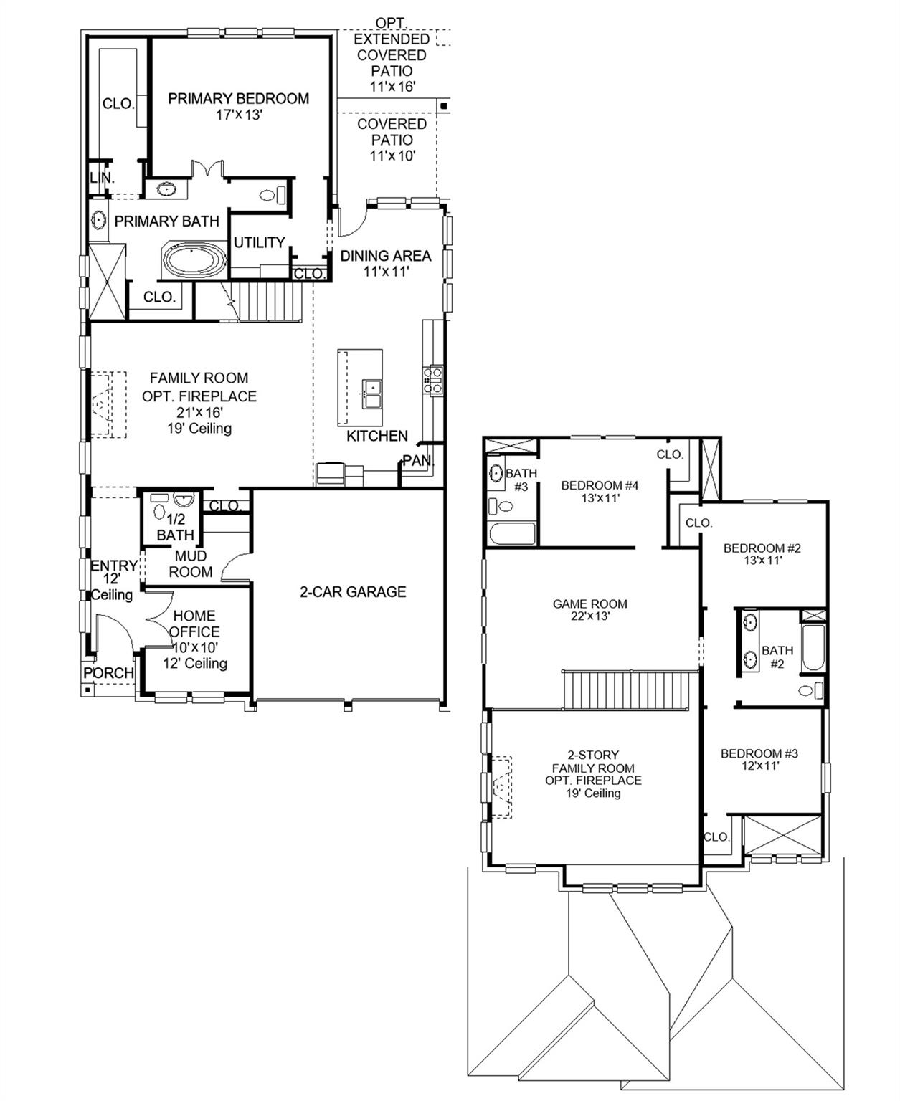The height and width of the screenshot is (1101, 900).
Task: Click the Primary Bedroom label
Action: pos(238,98)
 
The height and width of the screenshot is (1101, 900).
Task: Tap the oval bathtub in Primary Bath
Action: pos(194,261)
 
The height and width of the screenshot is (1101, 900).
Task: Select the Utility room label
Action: pos(259,242)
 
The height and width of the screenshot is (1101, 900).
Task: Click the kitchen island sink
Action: pos(371,392)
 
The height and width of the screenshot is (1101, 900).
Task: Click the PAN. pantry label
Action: pos(417,461)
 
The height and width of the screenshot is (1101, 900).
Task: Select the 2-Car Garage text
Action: pos(352,591)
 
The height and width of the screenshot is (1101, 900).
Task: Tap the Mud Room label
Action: pos(191,564)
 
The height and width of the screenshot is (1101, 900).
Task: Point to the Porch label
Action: pos(108,673)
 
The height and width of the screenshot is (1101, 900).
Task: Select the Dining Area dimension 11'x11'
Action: pos(385,272)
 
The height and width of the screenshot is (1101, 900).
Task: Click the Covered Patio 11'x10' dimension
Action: pos(392,156)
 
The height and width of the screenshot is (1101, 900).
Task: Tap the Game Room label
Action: pos(589,604)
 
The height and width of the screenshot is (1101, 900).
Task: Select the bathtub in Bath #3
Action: pos(511,534)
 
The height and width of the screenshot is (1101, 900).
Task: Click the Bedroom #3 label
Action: pos(759,753)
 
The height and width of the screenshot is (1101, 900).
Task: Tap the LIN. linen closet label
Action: pos(102,178)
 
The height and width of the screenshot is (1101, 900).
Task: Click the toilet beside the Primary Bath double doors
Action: pos(272,194)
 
